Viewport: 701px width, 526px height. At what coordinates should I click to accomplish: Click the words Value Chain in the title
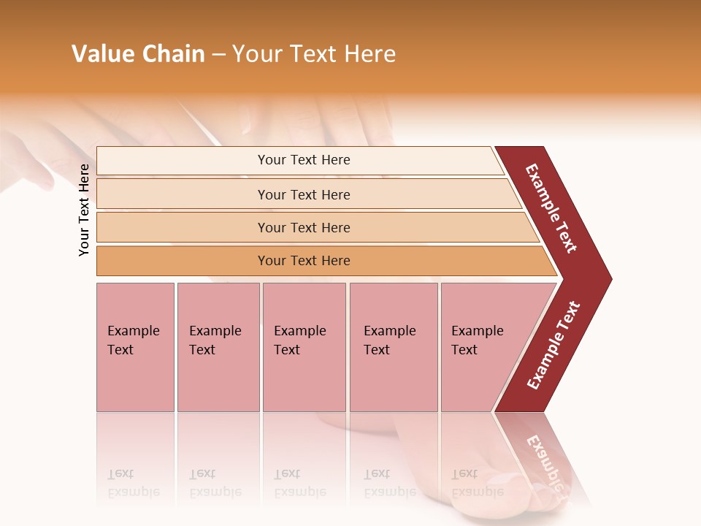138,54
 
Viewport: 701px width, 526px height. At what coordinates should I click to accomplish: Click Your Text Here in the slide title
314,54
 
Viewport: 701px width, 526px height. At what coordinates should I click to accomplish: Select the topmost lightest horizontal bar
183,161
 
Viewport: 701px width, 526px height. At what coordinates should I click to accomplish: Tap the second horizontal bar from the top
183,194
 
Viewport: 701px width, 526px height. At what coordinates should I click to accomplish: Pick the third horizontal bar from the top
183,227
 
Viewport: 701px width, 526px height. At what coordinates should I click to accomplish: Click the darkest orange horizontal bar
183,261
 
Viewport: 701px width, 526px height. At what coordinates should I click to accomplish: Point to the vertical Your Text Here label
84,210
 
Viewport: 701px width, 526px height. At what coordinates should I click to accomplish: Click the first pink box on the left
135,347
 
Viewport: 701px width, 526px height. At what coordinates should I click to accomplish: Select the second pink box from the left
218,347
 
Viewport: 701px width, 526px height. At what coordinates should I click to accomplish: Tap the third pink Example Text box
304,347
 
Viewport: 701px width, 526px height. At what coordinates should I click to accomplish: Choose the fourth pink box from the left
393,347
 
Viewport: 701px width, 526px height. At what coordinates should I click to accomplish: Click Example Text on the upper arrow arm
551,208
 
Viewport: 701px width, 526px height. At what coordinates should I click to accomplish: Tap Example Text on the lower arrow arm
553,346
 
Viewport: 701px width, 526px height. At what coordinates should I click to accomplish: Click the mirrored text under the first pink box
133,483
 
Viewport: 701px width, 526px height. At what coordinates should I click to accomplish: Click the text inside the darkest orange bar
304,261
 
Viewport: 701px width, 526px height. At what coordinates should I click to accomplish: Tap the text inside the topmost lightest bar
304,160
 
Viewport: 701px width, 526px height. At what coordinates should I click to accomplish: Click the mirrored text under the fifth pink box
477,483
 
